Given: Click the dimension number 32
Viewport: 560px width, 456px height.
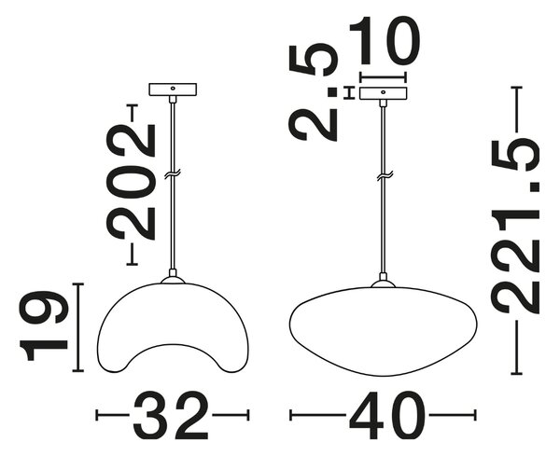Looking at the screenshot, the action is click(x=171, y=415).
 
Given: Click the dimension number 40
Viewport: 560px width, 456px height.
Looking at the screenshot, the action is click(x=386, y=415).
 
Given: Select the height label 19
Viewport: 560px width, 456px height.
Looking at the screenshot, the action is click(x=44, y=326).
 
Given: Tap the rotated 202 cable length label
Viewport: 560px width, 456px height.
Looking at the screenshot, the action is click(x=132, y=182).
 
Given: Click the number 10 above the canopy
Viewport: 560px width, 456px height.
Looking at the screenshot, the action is click(x=384, y=40).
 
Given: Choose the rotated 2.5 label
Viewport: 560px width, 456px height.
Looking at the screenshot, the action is click(x=314, y=92).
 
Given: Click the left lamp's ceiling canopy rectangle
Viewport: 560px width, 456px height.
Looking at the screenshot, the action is click(x=173, y=90).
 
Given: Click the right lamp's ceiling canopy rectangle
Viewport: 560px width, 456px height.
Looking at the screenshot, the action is click(x=384, y=93).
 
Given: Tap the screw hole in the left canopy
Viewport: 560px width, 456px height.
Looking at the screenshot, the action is click(x=173, y=89).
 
